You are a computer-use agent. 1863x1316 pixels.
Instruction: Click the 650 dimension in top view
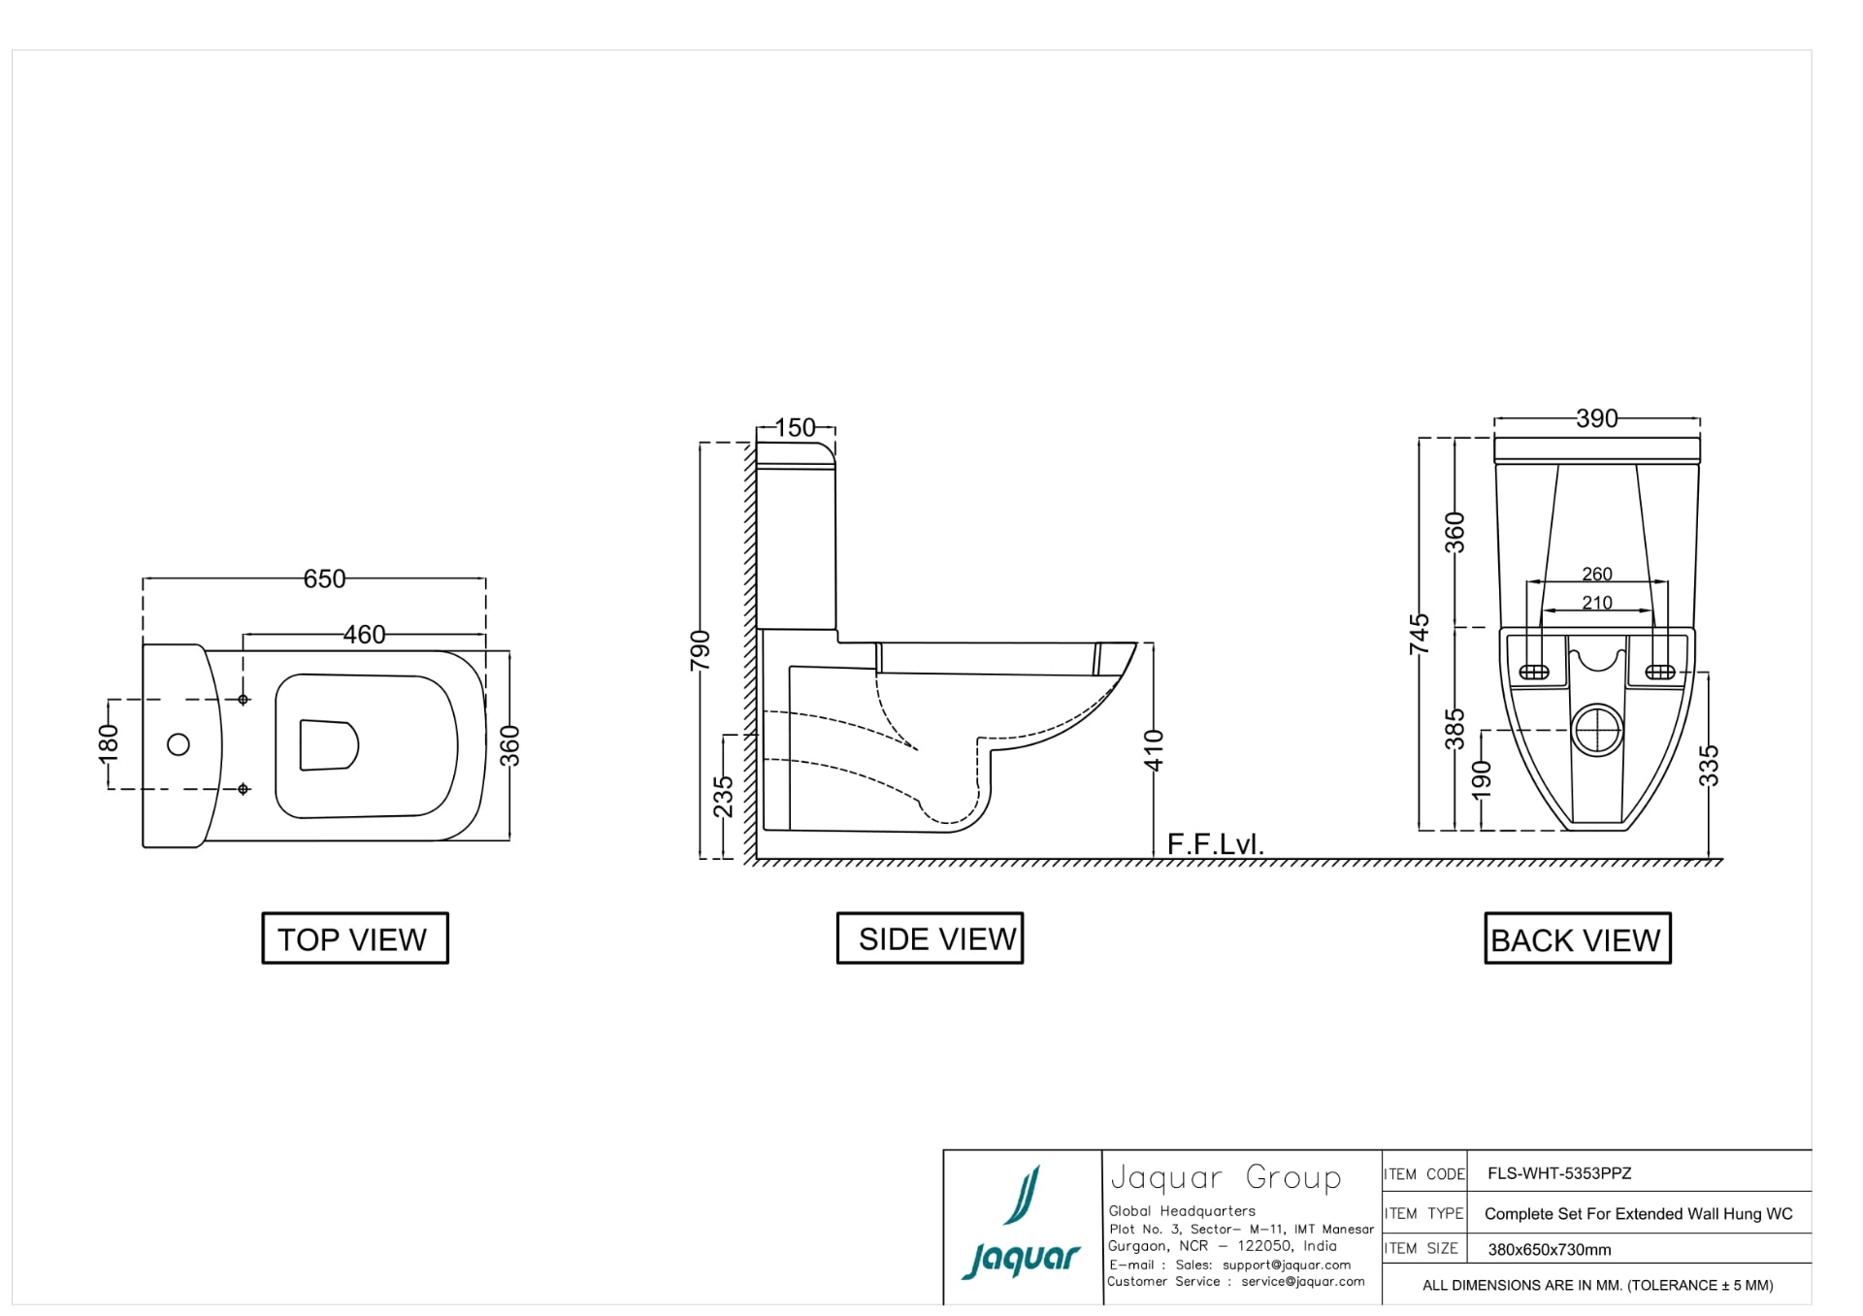(324, 578)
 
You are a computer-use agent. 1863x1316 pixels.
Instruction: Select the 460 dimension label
(364, 634)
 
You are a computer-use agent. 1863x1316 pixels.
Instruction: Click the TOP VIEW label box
(354, 938)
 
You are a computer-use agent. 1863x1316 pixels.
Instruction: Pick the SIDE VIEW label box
(930, 938)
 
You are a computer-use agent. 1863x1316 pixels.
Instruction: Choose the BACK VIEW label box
(1577, 938)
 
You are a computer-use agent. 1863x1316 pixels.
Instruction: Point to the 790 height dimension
(700, 650)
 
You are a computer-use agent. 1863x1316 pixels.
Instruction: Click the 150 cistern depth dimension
(796, 427)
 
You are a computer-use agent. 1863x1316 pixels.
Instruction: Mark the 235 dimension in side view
(724, 796)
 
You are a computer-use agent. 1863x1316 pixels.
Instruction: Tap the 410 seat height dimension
(1154, 749)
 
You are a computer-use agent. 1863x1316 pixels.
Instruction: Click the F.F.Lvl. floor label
(1215, 844)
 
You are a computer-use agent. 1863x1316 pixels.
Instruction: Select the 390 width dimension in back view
(1596, 418)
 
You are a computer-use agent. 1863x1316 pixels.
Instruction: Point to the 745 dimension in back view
(1420, 634)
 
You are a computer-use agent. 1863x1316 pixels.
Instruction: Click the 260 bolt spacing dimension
(1596, 574)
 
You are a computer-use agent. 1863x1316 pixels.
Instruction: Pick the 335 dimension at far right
(1710, 765)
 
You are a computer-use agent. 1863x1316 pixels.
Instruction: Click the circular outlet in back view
(1596, 730)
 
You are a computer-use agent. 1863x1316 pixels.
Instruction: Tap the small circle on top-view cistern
(179, 744)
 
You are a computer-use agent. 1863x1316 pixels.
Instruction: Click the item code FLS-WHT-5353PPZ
(1559, 1173)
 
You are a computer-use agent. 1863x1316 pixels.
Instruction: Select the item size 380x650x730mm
(1549, 1250)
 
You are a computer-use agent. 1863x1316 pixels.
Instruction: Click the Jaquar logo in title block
(1022, 1225)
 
